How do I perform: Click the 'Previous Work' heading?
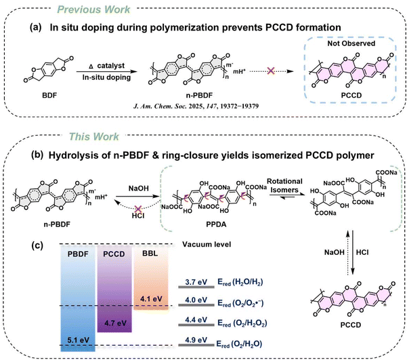pos(93,9)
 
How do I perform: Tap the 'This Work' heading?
pos(93,136)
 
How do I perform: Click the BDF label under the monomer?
pos(49,96)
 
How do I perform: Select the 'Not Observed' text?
pos(351,43)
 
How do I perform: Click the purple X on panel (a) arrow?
pos(271,71)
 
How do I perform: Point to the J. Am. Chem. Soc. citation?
pos(196,106)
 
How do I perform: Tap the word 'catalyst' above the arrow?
pos(111,66)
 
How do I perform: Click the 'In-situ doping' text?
pos(106,77)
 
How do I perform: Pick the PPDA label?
pos(216,224)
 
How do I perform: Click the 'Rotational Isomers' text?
pos(284,186)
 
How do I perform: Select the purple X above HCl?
pos(138,209)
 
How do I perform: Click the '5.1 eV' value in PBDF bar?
pos(78,340)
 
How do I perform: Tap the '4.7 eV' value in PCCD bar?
pos(115,323)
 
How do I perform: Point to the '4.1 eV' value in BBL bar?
pos(151,299)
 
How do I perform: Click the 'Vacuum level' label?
pos(207,244)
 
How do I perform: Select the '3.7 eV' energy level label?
pos(196,282)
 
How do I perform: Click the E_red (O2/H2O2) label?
pos(242,323)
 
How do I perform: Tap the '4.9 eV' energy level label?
pos(196,340)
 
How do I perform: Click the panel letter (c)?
pos(37,245)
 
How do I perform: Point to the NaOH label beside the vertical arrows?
pos(335,252)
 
